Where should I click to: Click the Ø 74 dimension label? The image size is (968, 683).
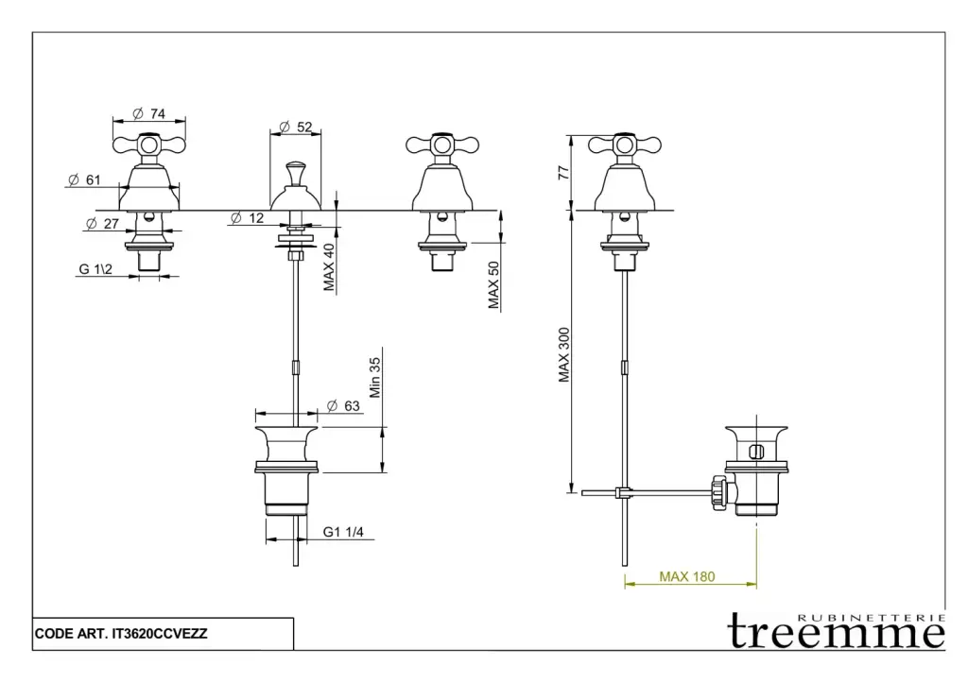(148, 113)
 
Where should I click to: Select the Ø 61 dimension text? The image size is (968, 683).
(85, 179)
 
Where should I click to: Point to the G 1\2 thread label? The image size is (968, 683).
(96, 269)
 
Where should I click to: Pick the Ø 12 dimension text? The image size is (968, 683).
(248, 218)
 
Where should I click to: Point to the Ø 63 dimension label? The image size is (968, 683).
(344, 405)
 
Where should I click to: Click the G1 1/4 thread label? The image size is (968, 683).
(343, 532)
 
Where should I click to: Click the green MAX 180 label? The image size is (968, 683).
(687, 577)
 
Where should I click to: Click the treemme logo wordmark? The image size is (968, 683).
(837, 633)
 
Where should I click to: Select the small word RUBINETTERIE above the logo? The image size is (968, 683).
(872, 617)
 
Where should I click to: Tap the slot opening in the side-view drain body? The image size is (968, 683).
(754, 452)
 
